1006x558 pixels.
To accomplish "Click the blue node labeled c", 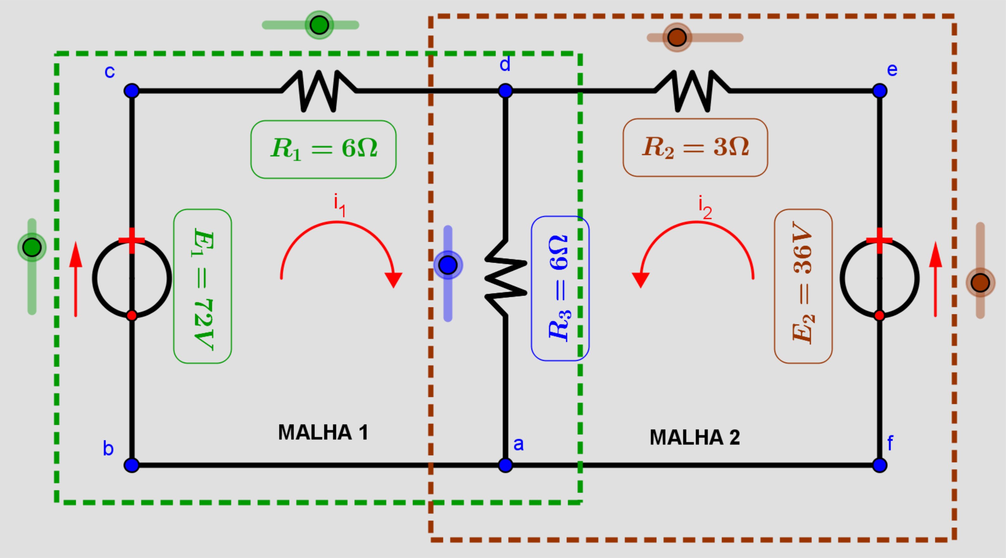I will tap(132, 91).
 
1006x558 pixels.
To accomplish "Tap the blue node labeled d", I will tap(505, 91).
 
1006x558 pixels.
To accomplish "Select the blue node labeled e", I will tap(879, 91).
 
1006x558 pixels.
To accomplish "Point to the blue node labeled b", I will tap(132, 465).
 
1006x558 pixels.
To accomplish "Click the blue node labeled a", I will tap(505, 465).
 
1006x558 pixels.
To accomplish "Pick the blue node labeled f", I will tap(879, 465).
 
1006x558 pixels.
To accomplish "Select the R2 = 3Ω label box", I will tap(695, 147).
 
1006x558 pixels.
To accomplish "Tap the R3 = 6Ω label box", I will tap(560, 288).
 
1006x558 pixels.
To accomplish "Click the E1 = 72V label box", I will tap(203, 286).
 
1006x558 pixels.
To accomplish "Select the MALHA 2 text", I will tap(695, 437).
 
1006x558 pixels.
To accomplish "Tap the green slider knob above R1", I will tap(319, 25).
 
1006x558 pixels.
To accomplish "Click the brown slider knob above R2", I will tap(677, 37).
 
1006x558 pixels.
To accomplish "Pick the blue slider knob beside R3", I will tap(448, 265).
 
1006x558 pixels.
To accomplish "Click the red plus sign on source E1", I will tap(132, 240).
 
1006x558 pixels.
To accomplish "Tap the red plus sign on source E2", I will tap(879, 240).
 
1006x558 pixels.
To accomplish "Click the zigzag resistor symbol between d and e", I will tap(692, 91).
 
